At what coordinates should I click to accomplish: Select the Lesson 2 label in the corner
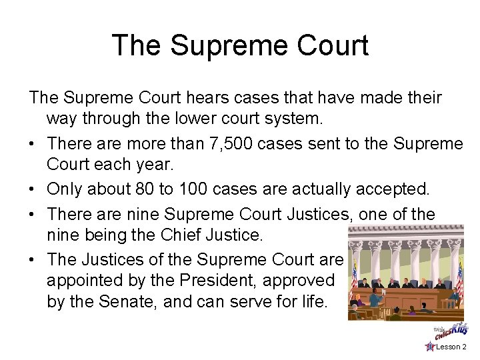pos(451,347)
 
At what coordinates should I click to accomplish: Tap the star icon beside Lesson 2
pos(430,347)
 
